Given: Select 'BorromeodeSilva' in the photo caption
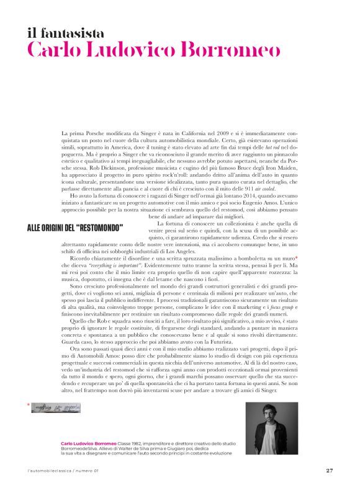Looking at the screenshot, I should [x=80, y=449].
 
